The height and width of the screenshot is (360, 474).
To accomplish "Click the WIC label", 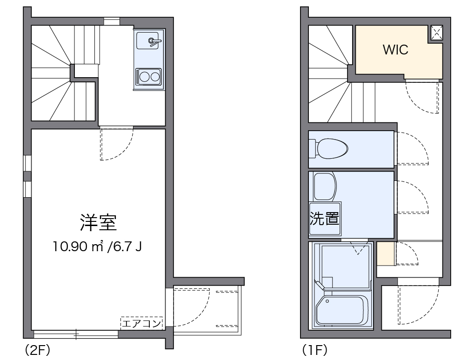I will click(x=395, y=50).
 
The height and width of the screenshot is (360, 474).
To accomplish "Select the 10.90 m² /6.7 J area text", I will click(x=97, y=247).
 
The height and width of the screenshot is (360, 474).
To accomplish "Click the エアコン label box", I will click(x=141, y=323).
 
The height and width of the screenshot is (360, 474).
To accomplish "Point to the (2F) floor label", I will click(x=37, y=350).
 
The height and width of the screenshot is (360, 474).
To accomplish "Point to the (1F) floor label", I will click(x=314, y=350).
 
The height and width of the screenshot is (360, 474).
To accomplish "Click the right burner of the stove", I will click(x=154, y=75).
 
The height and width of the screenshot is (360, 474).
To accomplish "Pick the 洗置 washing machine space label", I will click(x=324, y=218).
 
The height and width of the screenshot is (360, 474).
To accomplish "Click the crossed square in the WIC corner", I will click(x=436, y=33).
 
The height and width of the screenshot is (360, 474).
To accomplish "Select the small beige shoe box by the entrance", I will click(x=386, y=253).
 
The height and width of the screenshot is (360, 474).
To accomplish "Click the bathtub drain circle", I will click(x=327, y=301).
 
